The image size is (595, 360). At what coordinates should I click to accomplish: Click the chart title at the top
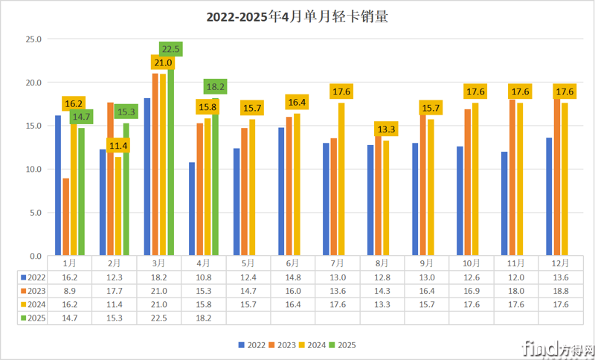(297, 16)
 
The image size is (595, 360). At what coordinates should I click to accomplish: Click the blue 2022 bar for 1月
(58, 185)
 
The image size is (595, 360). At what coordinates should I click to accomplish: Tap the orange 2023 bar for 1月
(66, 216)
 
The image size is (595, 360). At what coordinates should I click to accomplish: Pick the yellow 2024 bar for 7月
(341, 179)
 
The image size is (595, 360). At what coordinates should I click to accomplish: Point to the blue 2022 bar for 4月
(193, 208)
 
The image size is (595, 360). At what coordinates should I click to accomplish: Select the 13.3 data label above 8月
(385, 129)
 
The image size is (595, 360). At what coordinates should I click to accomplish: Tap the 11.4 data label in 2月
(118, 146)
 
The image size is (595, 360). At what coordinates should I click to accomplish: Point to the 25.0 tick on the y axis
(33, 39)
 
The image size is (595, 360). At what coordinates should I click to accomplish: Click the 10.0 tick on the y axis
(33, 169)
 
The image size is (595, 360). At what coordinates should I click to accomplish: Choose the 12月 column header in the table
(561, 263)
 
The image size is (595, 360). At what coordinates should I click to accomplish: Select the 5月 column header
(248, 263)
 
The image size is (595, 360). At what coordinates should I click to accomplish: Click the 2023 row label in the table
(33, 291)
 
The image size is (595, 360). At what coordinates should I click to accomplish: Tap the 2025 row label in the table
(33, 318)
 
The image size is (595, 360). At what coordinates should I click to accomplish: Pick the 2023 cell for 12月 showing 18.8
(561, 291)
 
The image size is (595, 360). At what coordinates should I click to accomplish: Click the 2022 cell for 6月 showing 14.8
(292, 277)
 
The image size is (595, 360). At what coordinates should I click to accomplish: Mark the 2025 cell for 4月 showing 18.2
(203, 318)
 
